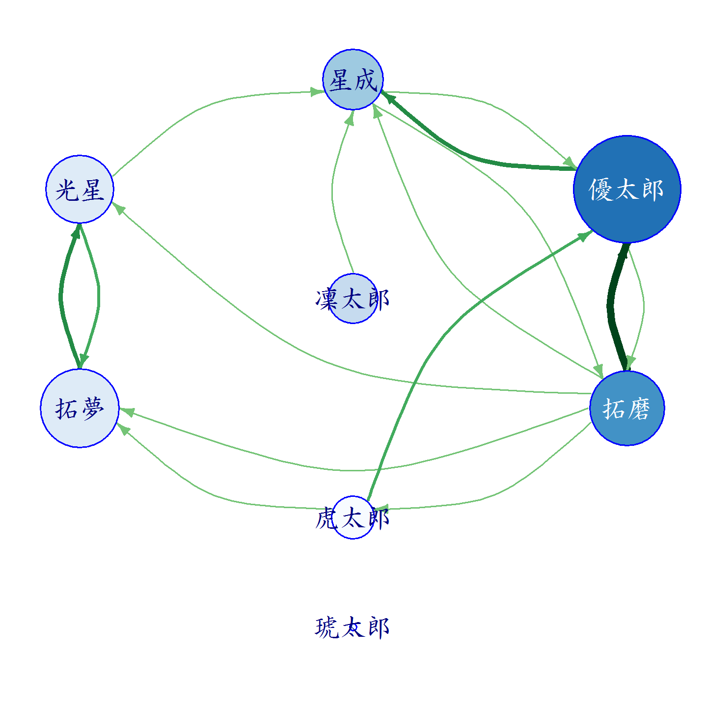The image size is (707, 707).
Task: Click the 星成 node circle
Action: coord(353,79)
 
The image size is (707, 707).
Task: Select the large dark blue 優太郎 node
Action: coord(626,189)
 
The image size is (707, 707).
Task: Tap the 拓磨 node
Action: coord(626,408)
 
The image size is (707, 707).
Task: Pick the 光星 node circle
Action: coord(80,189)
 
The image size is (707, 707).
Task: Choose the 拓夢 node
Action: coord(80,408)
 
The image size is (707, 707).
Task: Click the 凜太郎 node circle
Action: coord(353,299)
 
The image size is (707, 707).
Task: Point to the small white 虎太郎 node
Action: coord(353,517)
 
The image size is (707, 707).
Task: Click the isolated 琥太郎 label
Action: coord(352,627)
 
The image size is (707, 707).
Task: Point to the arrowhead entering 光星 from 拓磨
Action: coord(118,208)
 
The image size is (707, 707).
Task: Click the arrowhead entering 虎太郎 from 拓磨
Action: coord(381,509)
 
